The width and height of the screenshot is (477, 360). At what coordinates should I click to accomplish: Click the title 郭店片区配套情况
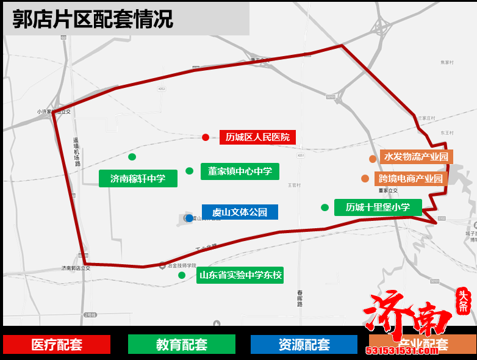pyautogui.click(x=93, y=19)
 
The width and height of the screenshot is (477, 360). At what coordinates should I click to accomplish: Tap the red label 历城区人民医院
pyautogui.click(x=257, y=137)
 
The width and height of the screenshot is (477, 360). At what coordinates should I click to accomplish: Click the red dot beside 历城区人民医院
pyautogui.click(x=206, y=137)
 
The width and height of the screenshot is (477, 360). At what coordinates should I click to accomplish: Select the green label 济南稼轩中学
pyautogui.click(x=138, y=179)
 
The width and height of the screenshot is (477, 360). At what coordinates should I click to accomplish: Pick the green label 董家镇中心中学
pyautogui.click(x=240, y=171)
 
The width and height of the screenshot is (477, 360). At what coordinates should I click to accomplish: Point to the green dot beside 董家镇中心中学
pyautogui.click(x=189, y=171)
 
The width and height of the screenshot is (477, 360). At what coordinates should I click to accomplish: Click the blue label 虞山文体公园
pyautogui.click(x=240, y=212)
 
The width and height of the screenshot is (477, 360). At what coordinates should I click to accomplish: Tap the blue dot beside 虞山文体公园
pyautogui.click(x=189, y=218)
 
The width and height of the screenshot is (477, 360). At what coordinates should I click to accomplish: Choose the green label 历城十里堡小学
pyautogui.click(x=378, y=207)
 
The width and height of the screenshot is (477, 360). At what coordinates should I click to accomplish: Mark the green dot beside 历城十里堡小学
pyautogui.click(x=325, y=207)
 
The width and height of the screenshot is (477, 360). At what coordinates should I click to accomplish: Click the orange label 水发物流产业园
pyautogui.click(x=416, y=157)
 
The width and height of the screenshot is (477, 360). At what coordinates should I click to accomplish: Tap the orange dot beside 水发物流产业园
pyautogui.click(x=372, y=159)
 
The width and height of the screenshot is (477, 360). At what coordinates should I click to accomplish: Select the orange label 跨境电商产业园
pyautogui.click(x=411, y=179)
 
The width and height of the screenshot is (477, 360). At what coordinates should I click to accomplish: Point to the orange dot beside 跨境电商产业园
pyautogui.click(x=365, y=179)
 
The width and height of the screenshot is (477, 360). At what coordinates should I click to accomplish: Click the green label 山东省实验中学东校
pyautogui.click(x=240, y=275)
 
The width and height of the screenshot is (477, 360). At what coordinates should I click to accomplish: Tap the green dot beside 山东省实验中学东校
pyautogui.click(x=182, y=275)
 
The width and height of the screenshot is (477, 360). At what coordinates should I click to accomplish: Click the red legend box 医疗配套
pyautogui.click(x=57, y=345)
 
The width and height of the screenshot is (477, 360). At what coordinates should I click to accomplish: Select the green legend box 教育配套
pyautogui.click(x=181, y=345)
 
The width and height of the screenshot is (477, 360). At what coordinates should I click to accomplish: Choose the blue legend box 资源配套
pyautogui.click(x=304, y=345)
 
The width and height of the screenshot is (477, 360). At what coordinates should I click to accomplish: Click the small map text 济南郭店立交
pyautogui.click(x=76, y=268)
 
